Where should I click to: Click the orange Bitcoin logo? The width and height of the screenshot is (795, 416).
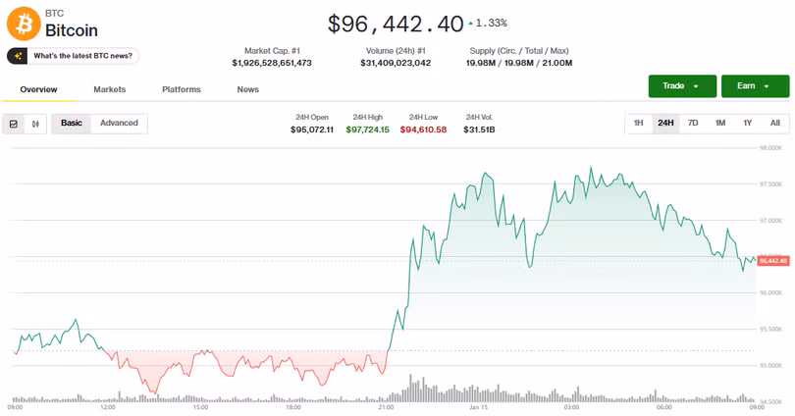click(x=24, y=24)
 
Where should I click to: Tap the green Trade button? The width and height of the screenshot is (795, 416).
click(x=681, y=86)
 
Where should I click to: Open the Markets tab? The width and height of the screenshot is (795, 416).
click(x=110, y=89)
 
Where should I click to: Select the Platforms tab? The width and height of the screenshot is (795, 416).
click(x=182, y=89)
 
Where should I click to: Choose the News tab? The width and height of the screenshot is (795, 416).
click(x=248, y=89)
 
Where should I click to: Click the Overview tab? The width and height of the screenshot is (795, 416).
click(x=38, y=89)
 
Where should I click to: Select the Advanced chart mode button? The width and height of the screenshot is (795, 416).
click(x=119, y=123)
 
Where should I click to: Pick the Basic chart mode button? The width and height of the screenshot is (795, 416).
click(x=72, y=123)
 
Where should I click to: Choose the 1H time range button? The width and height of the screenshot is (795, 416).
click(x=638, y=123)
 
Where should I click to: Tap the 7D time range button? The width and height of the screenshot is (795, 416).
click(x=693, y=123)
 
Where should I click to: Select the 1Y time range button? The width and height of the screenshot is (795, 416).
click(x=747, y=123)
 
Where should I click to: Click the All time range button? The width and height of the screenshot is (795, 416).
click(x=774, y=123)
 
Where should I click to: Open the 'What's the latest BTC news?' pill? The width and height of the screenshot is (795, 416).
click(x=74, y=56)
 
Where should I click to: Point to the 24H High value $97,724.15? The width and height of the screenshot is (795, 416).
click(x=368, y=130)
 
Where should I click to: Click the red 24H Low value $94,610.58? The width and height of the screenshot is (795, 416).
click(x=423, y=130)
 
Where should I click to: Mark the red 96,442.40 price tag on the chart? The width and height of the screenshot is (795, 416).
click(x=773, y=261)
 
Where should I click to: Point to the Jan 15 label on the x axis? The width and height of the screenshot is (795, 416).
click(x=479, y=406)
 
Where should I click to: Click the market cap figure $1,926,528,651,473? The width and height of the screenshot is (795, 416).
click(x=272, y=63)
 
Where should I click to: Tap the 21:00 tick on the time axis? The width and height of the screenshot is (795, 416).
click(x=386, y=406)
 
